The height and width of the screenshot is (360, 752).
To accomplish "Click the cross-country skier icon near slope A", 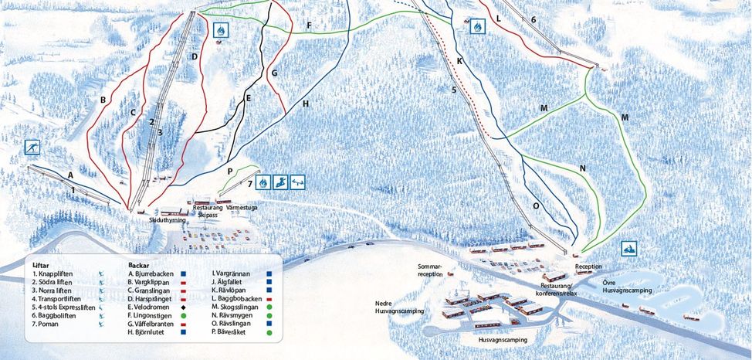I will [x=32, y=148].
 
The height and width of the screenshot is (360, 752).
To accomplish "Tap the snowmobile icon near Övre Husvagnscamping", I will [x=630, y=249].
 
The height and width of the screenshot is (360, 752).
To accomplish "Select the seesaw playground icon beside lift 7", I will [x=298, y=182].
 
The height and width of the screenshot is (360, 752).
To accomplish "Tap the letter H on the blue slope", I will [x=306, y=103].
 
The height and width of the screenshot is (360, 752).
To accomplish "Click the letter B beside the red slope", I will [x=103, y=100].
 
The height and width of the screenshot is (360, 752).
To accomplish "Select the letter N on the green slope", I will [x=582, y=168].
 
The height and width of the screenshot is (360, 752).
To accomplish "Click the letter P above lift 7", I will [x=230, y=171].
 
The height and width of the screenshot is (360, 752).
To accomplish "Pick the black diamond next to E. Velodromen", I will [x=182, y=307].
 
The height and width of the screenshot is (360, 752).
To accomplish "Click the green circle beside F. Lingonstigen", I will [x=182, y=316].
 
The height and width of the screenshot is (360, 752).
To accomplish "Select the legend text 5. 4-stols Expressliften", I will [x=64, y=307].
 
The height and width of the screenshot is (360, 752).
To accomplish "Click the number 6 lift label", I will [x=533, y=19].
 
